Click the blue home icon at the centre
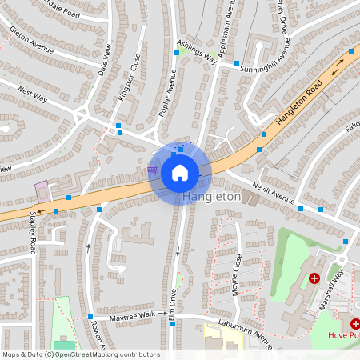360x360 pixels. coord(179,172)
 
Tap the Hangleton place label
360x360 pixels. coord(211,196)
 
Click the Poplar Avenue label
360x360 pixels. coord(167,93)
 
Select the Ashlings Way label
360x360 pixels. coord(198,54)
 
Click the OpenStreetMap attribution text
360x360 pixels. coord(80,354)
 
